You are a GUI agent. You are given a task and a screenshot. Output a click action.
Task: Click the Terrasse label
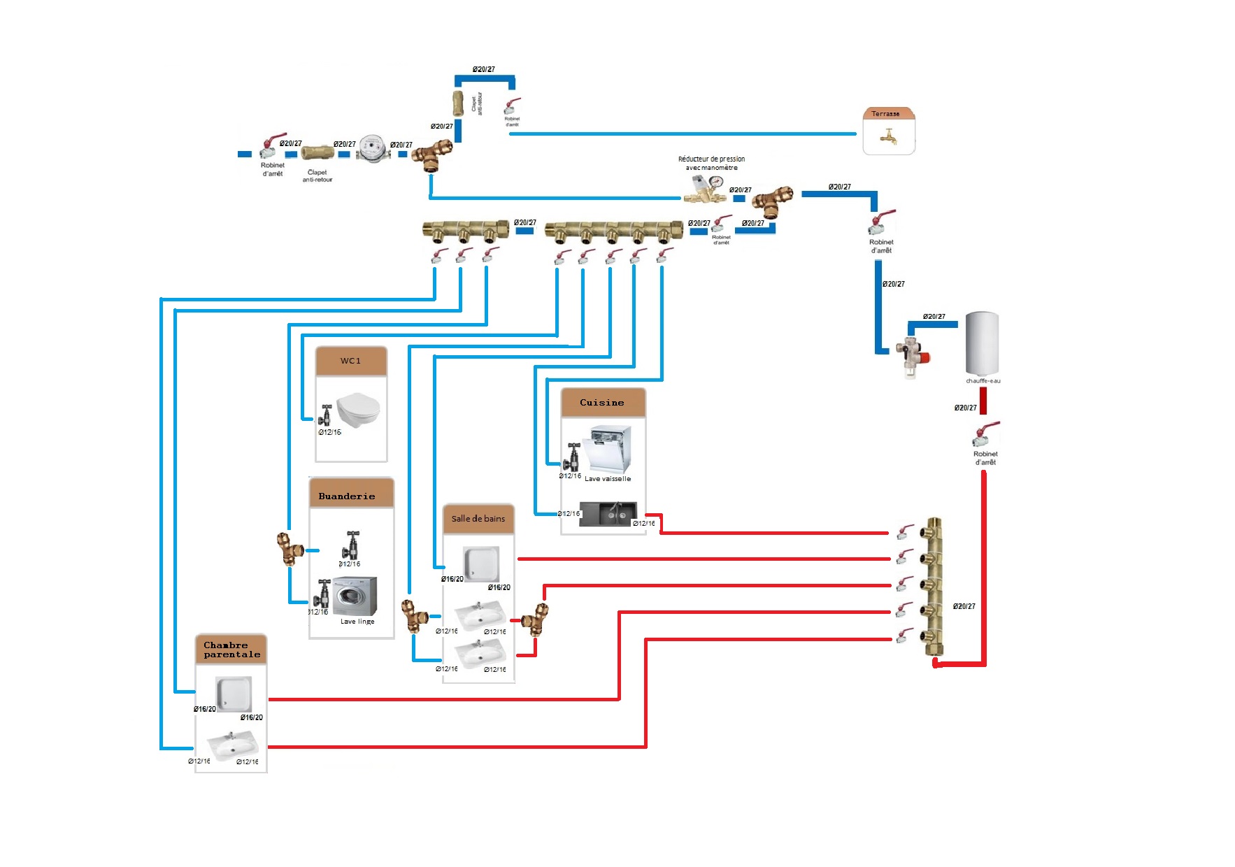coord(885,114)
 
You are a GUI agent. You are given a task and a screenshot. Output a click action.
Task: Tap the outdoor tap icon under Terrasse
coord(889,136)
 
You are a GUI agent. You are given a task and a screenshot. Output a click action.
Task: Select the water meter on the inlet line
coord(372,148)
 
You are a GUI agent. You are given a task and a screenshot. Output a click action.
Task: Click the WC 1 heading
coord(351,361)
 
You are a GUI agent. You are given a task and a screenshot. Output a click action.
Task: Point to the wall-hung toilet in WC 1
coord(358,410)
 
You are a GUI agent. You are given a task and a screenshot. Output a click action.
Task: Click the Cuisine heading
coord(602,403)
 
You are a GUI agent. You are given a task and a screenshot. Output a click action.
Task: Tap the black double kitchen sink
coord(608,514)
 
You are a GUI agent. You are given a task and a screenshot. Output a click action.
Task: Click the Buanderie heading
coord(347,496)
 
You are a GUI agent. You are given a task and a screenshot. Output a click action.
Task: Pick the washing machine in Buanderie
coord(355,596)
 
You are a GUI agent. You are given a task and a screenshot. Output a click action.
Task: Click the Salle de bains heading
coord(478,519)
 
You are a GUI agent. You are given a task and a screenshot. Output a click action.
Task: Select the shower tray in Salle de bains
coord(482,564)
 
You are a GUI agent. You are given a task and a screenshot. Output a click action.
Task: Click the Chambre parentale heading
coord(231,650)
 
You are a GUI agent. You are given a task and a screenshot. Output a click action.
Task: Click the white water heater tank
coord(983,343)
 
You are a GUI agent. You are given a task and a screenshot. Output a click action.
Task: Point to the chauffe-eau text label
coord(983,381)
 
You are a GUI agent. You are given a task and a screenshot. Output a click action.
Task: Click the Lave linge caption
coord(357,622)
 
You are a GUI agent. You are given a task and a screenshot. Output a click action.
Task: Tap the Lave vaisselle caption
coord(608,479)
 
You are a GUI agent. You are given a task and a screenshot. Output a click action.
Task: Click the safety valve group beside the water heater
coord(912,355)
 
